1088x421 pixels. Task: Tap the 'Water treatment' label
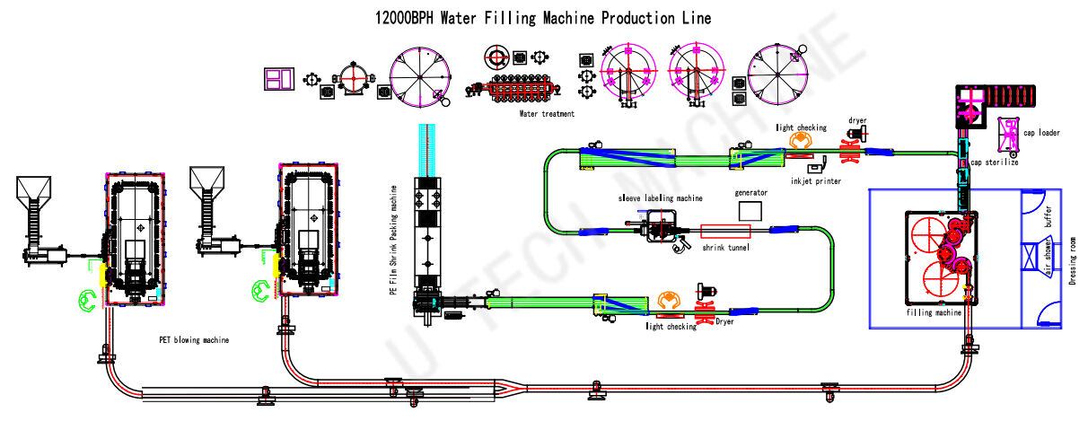[x=547, y=114]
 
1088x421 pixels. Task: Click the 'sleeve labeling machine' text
[x=659, y=197]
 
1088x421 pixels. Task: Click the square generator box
[x=749, y=210]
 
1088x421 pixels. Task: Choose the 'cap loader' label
[x=1041, y=133]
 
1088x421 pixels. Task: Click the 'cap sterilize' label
[x=994, y=163]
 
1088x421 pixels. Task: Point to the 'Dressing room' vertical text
[x=1074, y=259]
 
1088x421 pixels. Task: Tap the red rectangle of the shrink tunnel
[x=726, y=231]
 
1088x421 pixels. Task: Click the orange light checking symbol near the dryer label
[x=799, y=142]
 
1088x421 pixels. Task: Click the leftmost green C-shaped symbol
[x=87, y=301]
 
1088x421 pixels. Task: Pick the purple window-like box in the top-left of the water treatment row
[x=279, y=79]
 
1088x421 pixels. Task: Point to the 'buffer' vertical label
[x=1048, y=216]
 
